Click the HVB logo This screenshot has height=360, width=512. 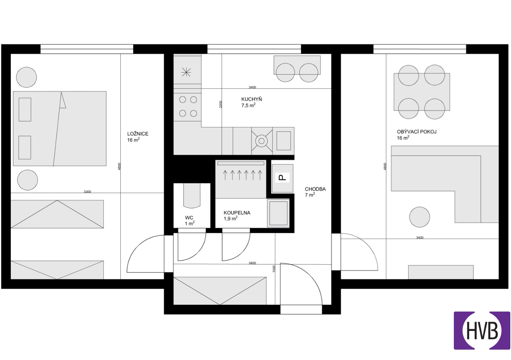coord(482,330)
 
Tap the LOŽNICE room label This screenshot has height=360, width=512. coord(138,134)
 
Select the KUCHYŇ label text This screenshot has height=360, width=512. coord(251,99)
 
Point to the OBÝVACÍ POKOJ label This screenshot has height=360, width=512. coord(417,132)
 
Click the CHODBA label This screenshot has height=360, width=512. coord(315,189)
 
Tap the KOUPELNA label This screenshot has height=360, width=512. coord(237,213)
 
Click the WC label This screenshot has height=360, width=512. coord(189,218)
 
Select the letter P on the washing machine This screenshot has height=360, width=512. coord(282,178)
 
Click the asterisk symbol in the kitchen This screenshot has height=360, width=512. coord(186,72)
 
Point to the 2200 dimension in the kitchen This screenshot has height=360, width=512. coord(221,104)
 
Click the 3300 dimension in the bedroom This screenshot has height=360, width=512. coord(87,192)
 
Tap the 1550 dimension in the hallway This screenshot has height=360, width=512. coord(274,269)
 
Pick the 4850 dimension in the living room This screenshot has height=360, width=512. coord(385,166)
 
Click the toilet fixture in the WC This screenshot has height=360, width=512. coord(192,196)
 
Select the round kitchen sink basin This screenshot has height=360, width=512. coord(262,141)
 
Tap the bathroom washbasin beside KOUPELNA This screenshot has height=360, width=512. coord(278,213)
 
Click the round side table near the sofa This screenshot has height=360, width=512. coord(420,217)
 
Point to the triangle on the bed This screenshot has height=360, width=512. coord(62,100)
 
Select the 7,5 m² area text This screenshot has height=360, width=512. coord(248,105)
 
